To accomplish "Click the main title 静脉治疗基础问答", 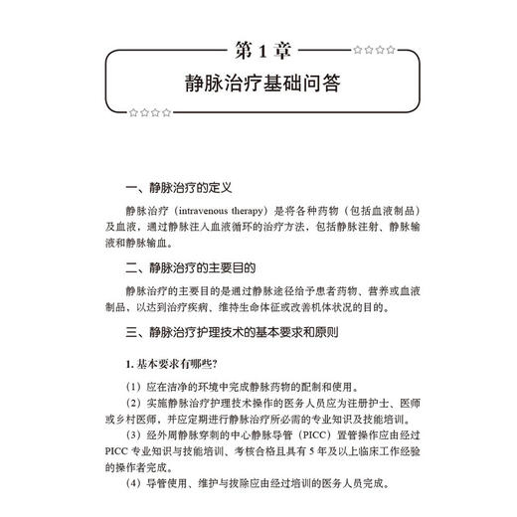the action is (x=258, y=85).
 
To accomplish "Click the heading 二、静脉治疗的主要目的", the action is (x=191, y=267).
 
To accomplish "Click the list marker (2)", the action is (x=133, y=403).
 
